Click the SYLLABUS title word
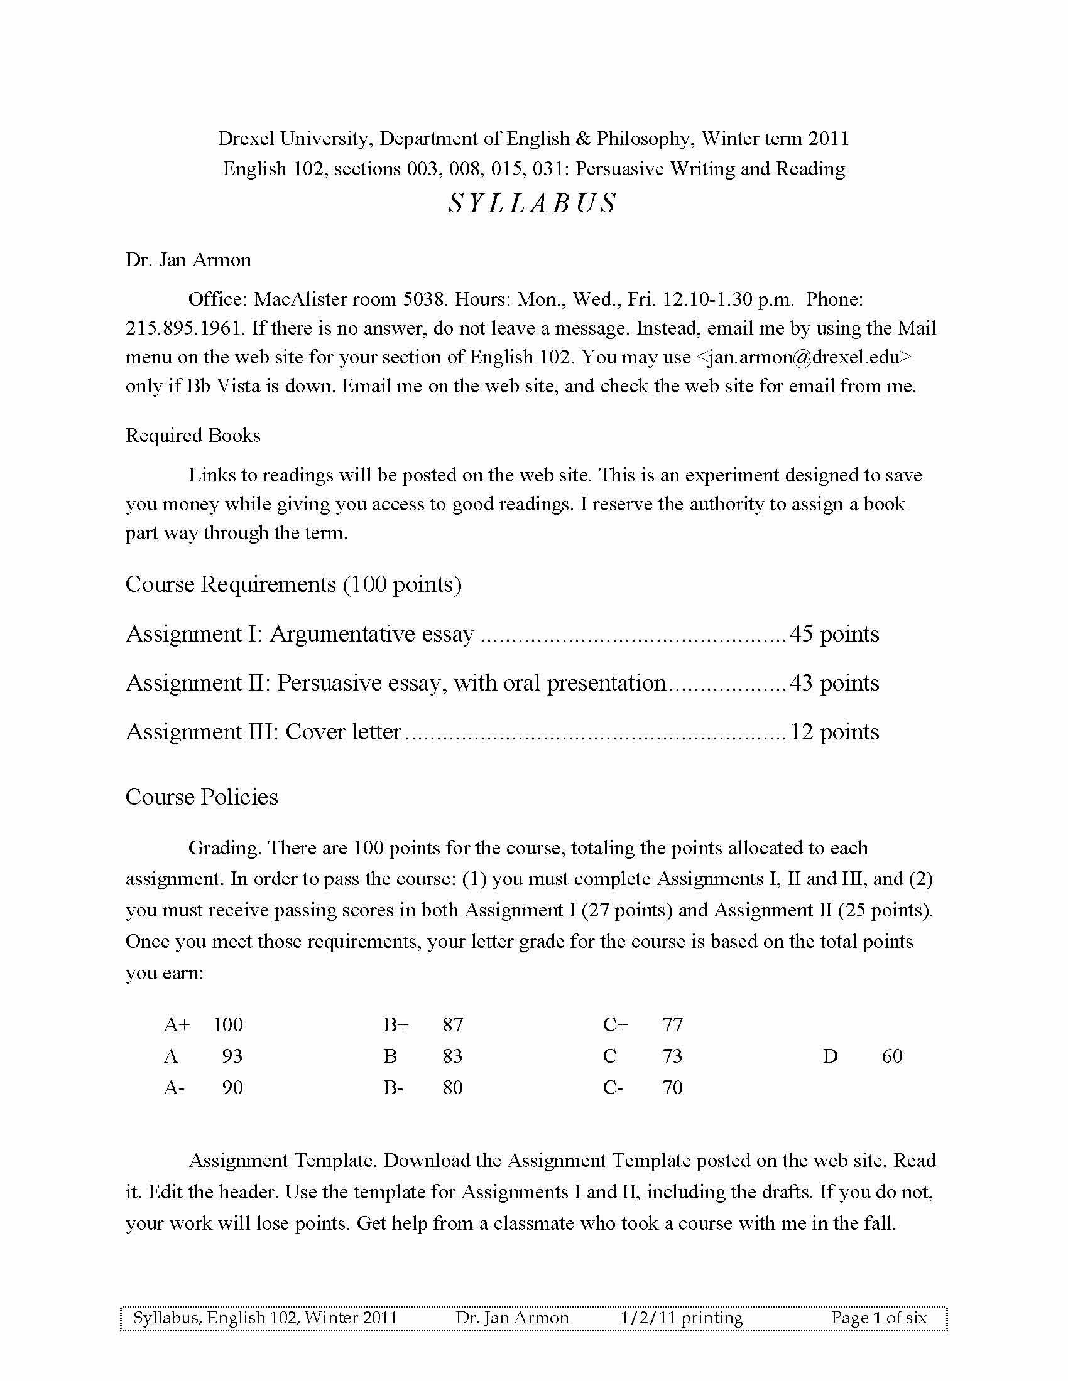pyautogui.click(x=532, y=203)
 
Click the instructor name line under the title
pyautogui.click(x=188, y=260)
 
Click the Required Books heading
pyautogui.click(x=193, y=436)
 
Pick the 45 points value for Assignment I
pyautogui.click(x=834, y=634)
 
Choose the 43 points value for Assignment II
pyautogui.click(x=834, y=683)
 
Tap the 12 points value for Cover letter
pyautogui.click(x=834, y=732)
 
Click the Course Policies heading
pyautogui.click(x=202, y=797)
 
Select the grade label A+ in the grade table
pyautogui.click(x=177, y=1025)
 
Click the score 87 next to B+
pyautogui.click(x=453, y=1025)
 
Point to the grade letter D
pyautogui.click(x=830, y=1056)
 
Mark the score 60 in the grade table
pyautogui.click(x=892, y=1056)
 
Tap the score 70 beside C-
pyautogui.click(x=673, y=1088)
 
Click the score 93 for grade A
pyautogui.click(x=232, y=1056)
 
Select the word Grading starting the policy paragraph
pyautogui.click(x=225, y=849)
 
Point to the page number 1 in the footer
pyautogui.click(x=877, y=1318)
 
